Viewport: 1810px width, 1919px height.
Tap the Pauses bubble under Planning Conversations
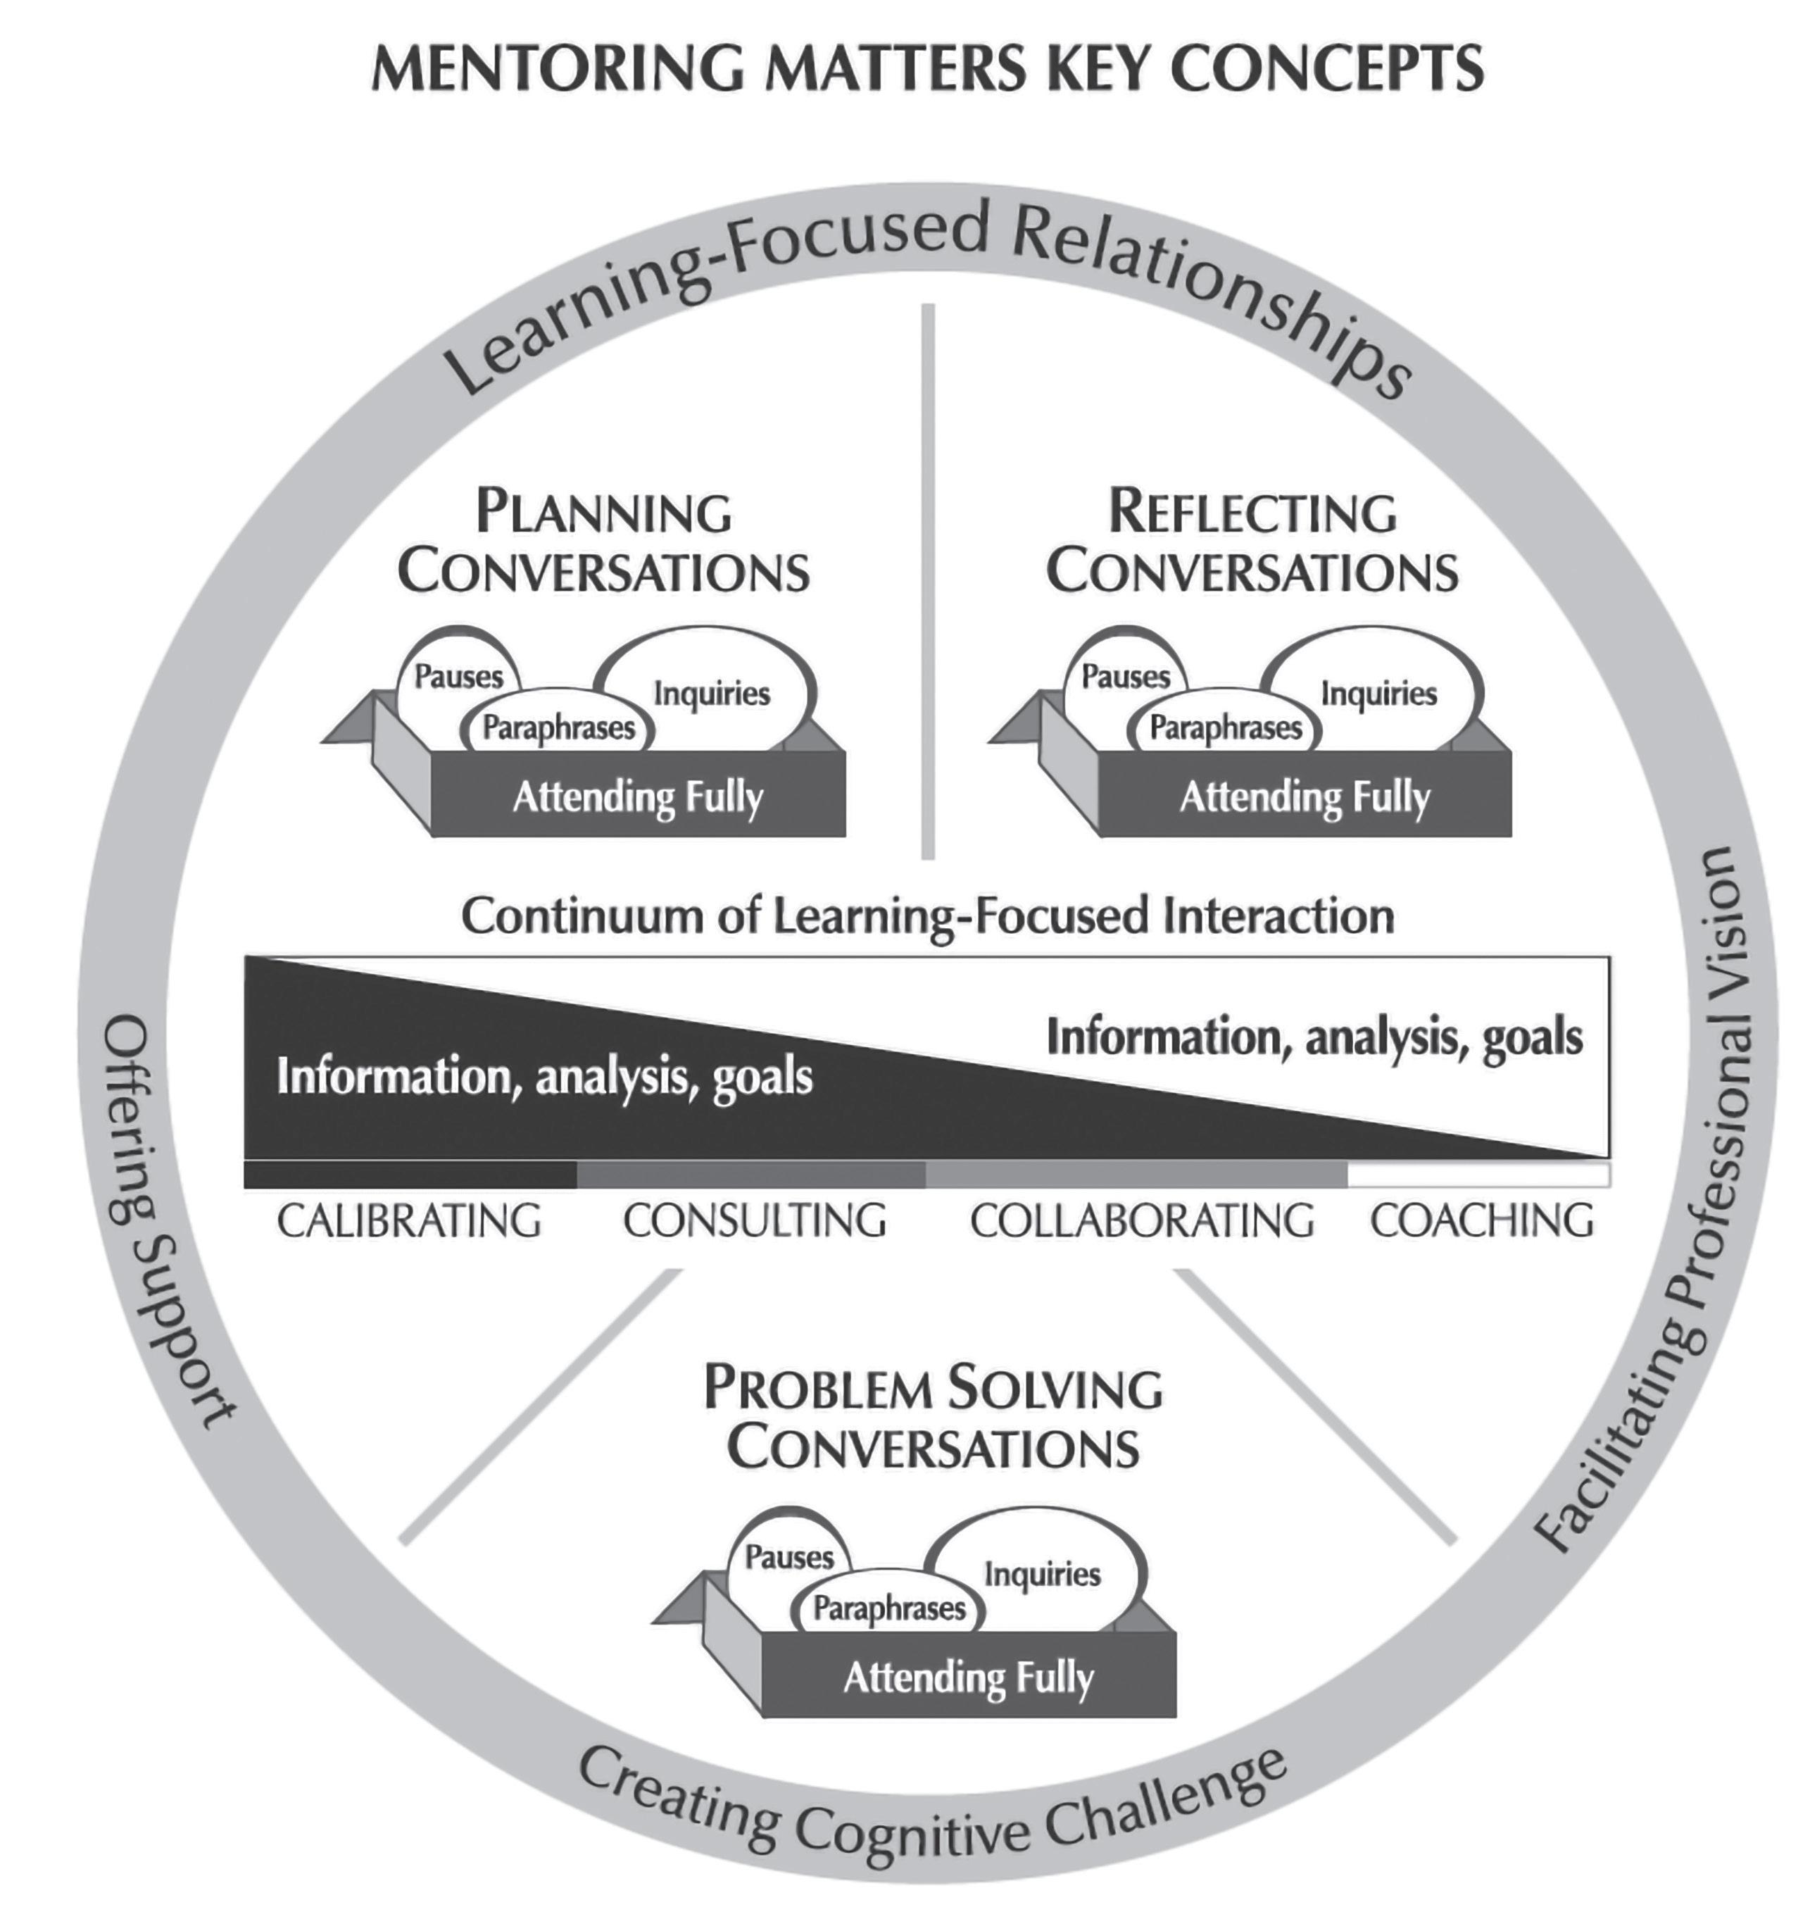(458, 676)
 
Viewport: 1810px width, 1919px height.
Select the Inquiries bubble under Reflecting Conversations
(1378, 693)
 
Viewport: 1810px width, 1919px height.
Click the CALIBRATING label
(409, 1221)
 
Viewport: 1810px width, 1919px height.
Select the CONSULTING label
(755, 1221)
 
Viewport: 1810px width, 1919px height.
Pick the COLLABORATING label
(1141, 1221)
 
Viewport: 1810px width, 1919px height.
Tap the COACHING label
(1482, 1221)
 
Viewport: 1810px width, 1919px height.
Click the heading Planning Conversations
(604, 542)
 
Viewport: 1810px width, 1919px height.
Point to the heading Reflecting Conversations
(1252, 542)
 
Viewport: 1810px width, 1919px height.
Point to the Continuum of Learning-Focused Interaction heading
(927, 915)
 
